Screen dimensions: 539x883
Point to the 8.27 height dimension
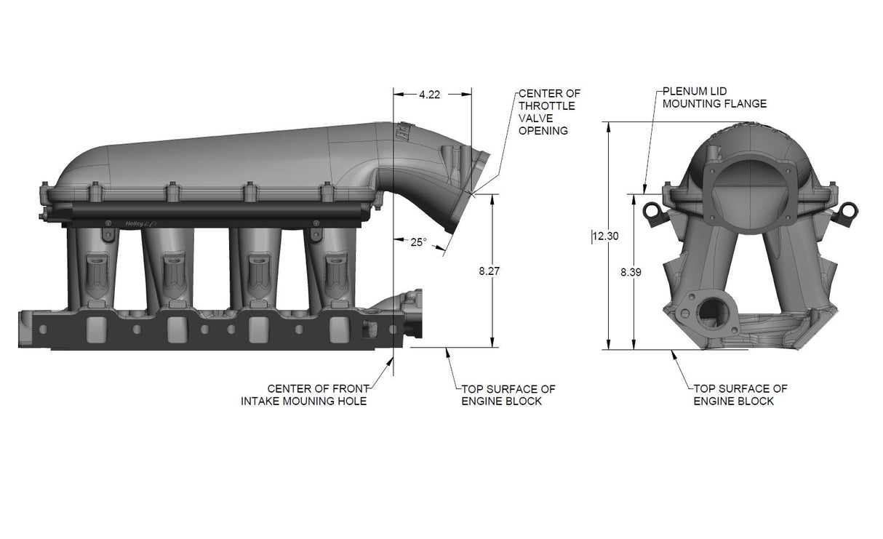pos(490,271)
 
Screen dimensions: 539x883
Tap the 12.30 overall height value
pos(605,236)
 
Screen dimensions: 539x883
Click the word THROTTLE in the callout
pos(546,106)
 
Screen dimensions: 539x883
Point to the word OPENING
pos(543,131)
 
